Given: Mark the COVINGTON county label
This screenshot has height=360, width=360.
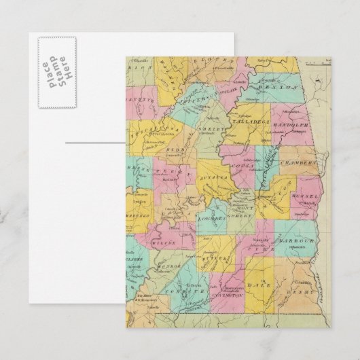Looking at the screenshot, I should (227, 298).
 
